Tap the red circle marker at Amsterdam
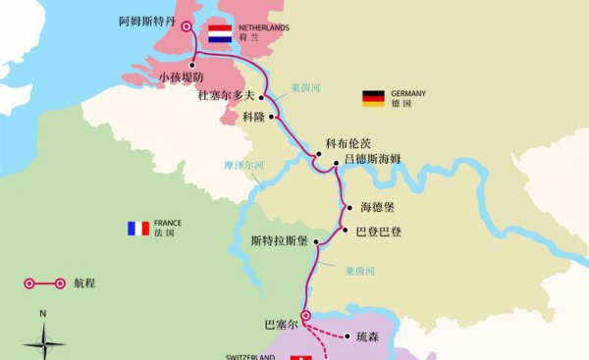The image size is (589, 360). (187, 26)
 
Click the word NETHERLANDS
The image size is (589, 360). (263, 27)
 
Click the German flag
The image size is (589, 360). (373, 97)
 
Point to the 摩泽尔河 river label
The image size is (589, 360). (243, 165)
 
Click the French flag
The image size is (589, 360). (137, 229)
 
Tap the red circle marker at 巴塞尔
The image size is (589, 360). (305, 316)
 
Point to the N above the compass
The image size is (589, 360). (42, 314)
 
